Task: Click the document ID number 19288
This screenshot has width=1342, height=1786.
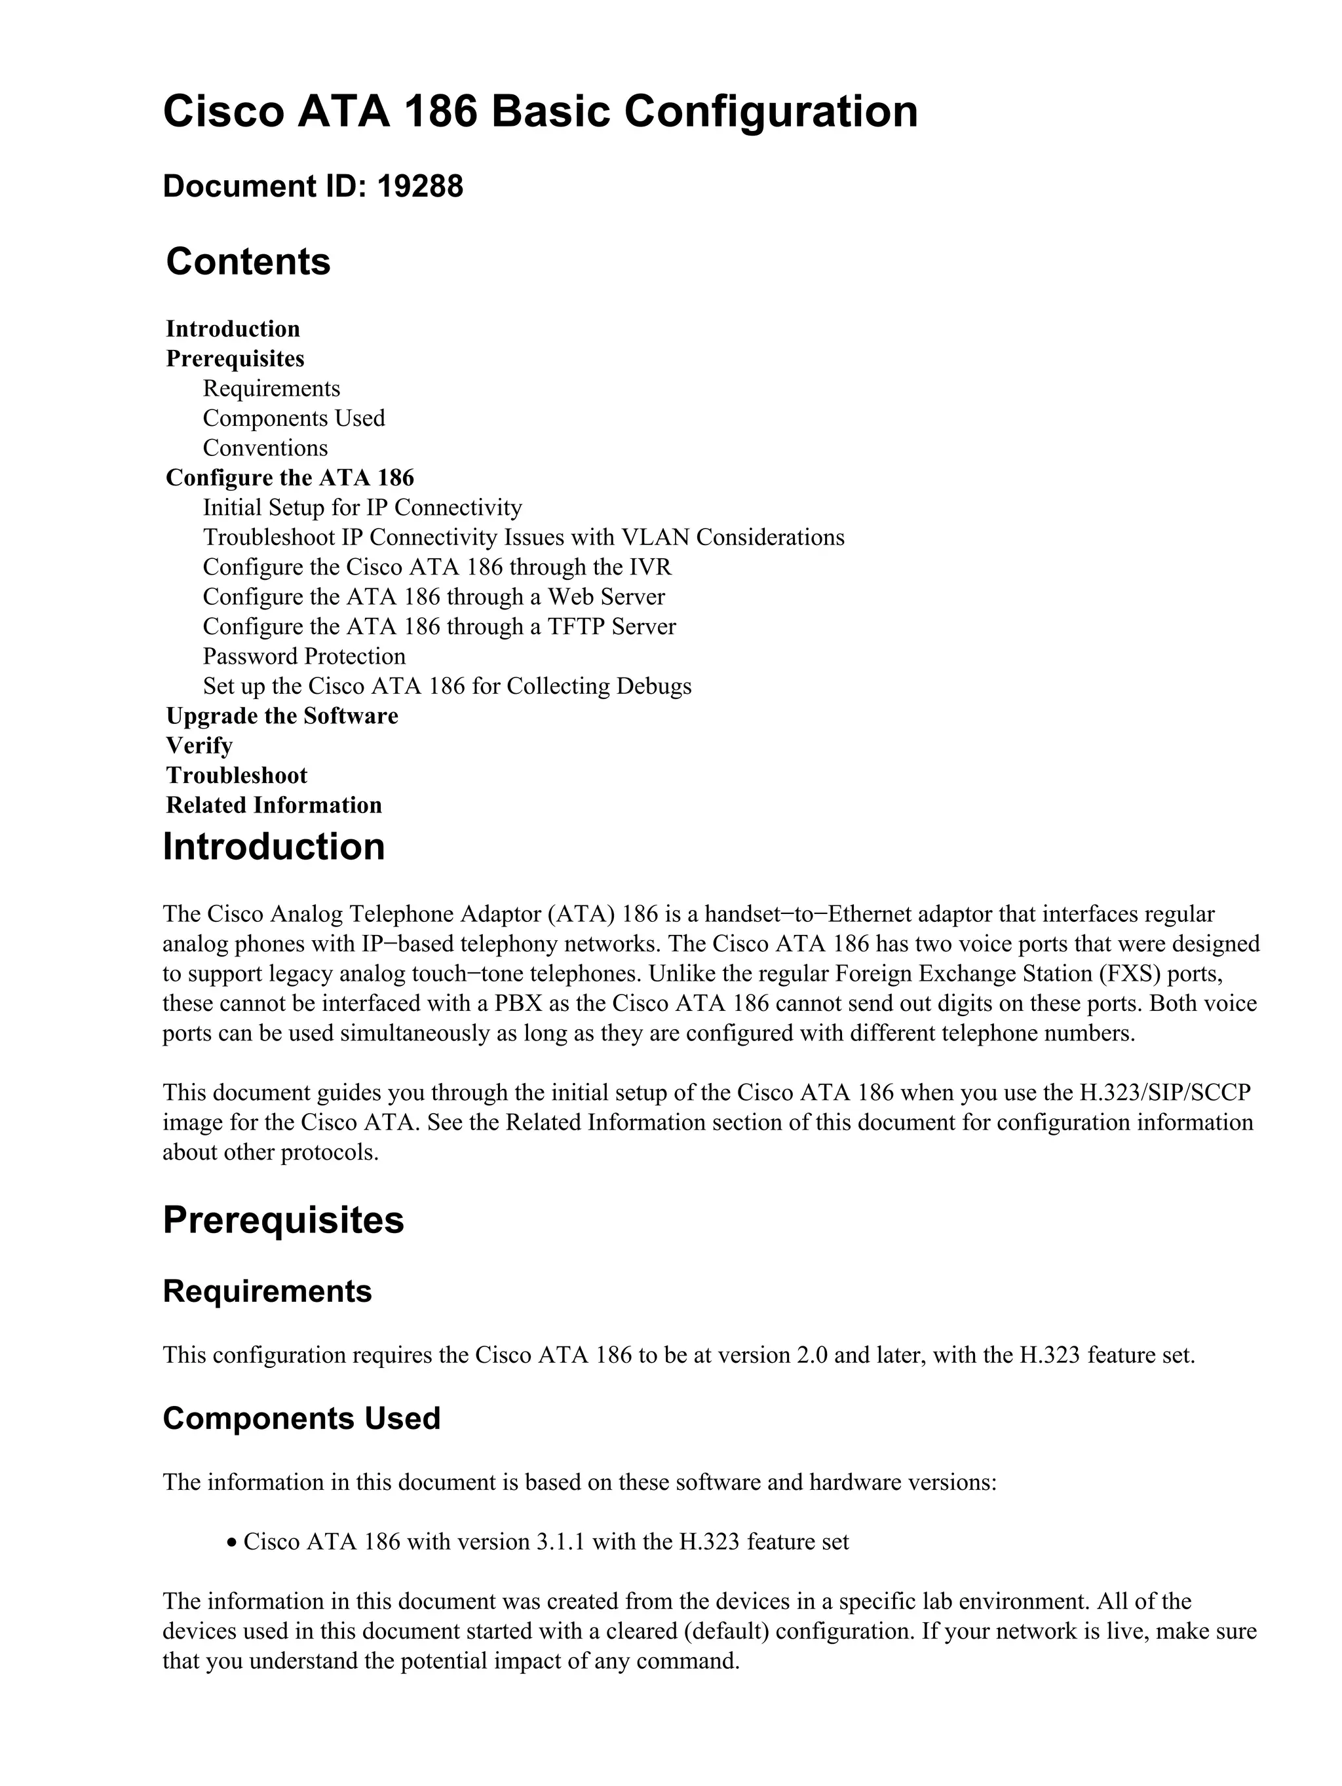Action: pos(420,187)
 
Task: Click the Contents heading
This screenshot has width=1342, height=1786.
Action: pos(248,261)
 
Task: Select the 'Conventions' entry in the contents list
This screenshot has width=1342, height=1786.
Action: pos(265,448)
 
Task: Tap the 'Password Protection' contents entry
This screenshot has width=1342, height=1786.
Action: pos(303,656)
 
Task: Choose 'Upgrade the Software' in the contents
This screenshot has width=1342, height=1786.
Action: pos(282,716)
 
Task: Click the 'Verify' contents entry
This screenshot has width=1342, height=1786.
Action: pos(199,746)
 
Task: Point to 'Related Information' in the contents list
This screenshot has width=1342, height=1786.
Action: pos(274,806)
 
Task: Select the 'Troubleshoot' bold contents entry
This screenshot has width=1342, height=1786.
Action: pos(237,776)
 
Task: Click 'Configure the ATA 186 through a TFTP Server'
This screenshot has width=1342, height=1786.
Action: pos(439,626)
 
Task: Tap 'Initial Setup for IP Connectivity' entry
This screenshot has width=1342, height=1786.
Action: pos(362,508)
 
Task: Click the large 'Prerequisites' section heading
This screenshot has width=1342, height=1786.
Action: pos(284,1220)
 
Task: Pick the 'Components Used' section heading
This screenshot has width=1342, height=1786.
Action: pos(301,1418)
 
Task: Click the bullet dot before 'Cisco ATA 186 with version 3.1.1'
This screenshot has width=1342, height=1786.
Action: pos(232,1543)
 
